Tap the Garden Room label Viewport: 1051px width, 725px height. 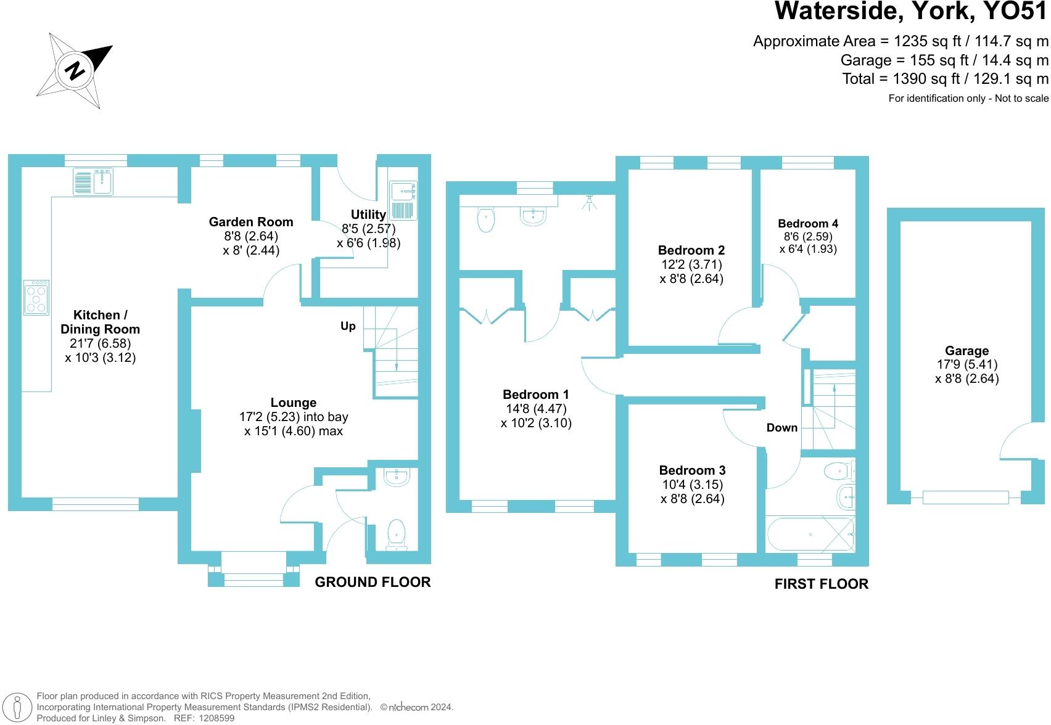(x=251, y=222)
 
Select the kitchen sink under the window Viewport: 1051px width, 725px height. (x=93, y=181)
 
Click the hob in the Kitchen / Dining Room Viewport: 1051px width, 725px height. (x=36, y=298)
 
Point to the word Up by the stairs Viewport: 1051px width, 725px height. (x=348, y=326)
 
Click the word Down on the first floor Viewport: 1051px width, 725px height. (x=781, y=428)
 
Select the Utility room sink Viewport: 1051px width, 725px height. (x=403, y=200)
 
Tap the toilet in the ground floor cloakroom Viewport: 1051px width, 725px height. (x=396, y=534)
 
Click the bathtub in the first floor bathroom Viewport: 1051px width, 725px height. (x=809, y=535)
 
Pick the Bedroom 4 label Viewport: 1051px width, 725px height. (x=807, y=224)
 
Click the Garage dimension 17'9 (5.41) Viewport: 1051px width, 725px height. (x=967, y=365)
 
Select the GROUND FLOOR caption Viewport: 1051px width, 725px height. (x=373, y=583)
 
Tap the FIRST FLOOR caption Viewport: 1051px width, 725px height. (x=821, y=584)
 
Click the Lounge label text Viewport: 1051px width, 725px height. (x=293, y=403)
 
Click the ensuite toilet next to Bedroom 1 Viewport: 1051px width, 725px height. (x=486, y=219)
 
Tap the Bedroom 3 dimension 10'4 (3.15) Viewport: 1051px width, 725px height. (x=692, y=485)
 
